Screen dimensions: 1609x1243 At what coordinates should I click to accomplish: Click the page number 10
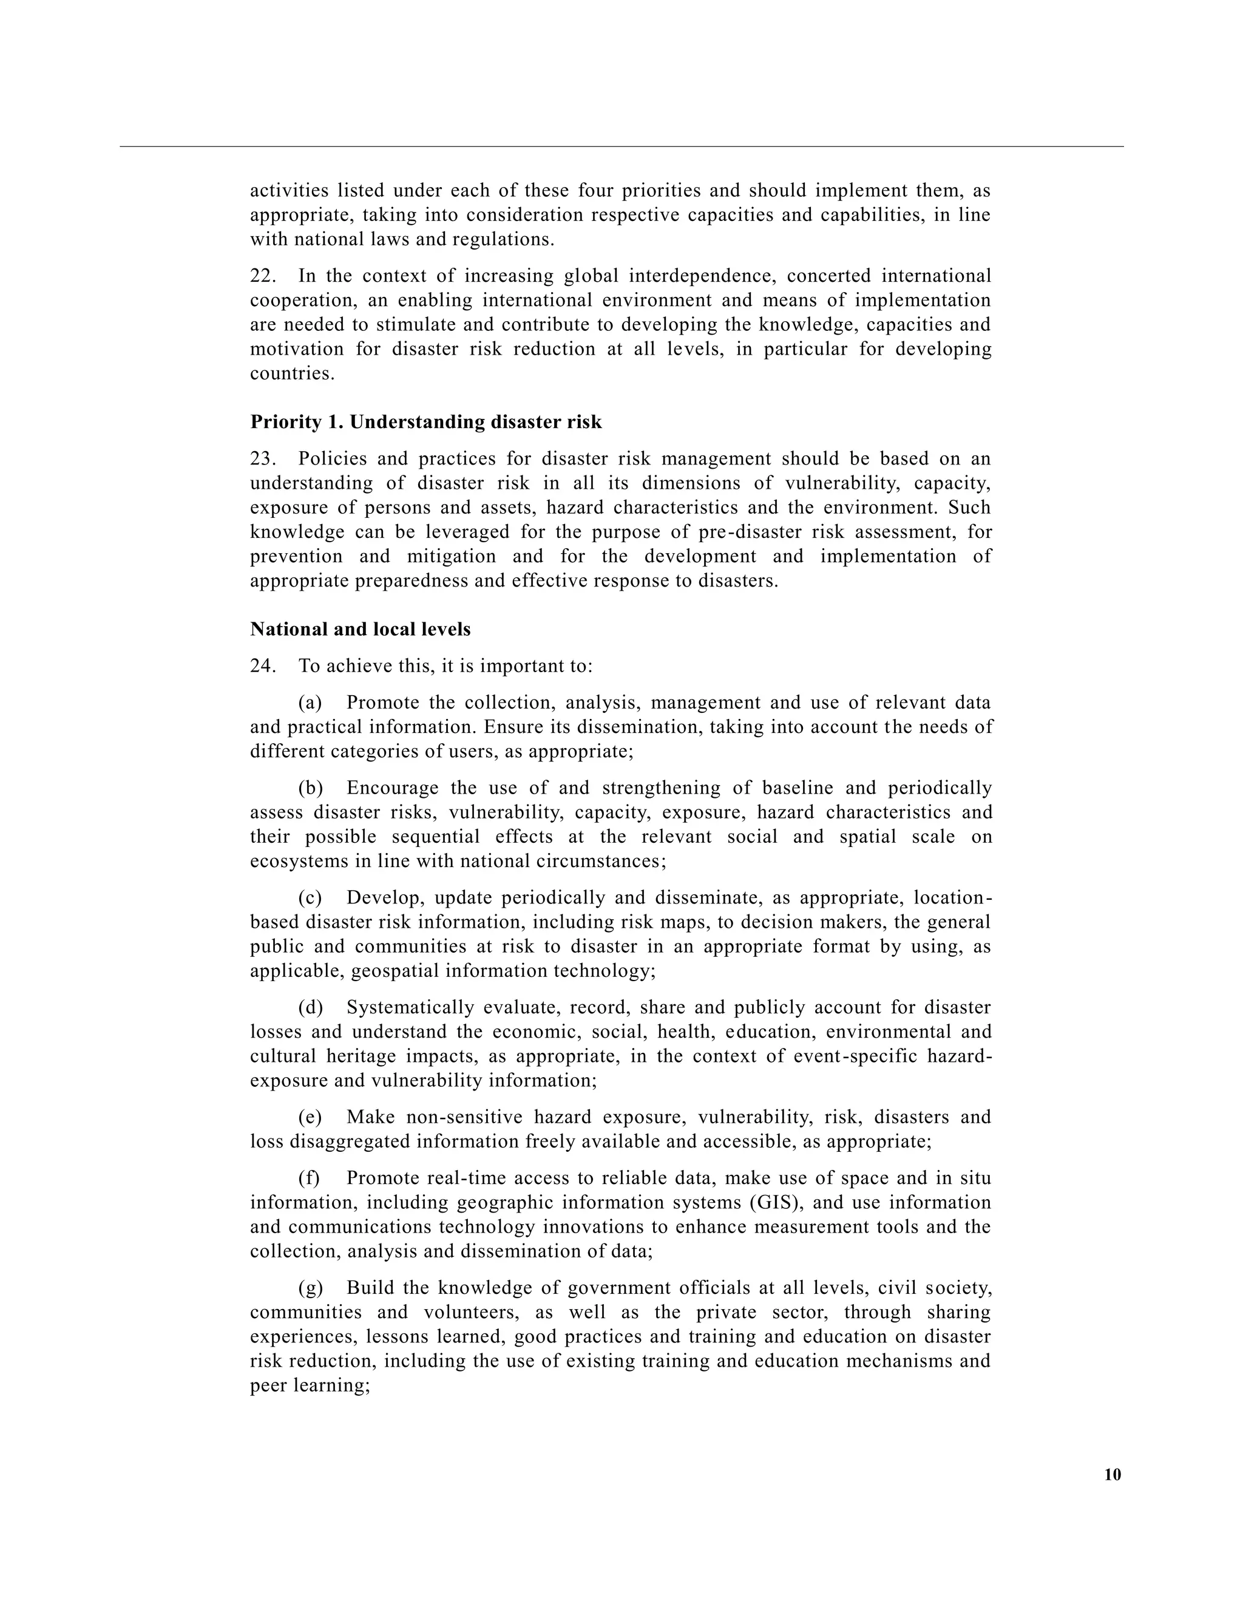coord(1113,1474)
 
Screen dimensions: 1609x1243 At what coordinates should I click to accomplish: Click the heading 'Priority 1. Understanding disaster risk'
coord(425,422)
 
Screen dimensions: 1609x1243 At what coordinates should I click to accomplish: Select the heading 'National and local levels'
coord(360,629)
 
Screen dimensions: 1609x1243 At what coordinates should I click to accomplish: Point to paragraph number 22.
coord(263,276)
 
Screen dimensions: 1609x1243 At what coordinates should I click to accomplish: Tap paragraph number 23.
coord(263,459)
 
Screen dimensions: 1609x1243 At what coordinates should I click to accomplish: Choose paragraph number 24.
coord(263,666)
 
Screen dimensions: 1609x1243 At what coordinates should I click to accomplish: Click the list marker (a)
coord(310,703)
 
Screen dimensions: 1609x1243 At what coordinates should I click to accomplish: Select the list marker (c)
coord(310,898)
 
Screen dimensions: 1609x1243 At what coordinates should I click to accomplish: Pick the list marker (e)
coord(310,1117)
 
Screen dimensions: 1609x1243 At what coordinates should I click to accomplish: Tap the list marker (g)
coord(310,1288)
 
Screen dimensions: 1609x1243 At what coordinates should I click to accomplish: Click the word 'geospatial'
coord(395,971)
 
